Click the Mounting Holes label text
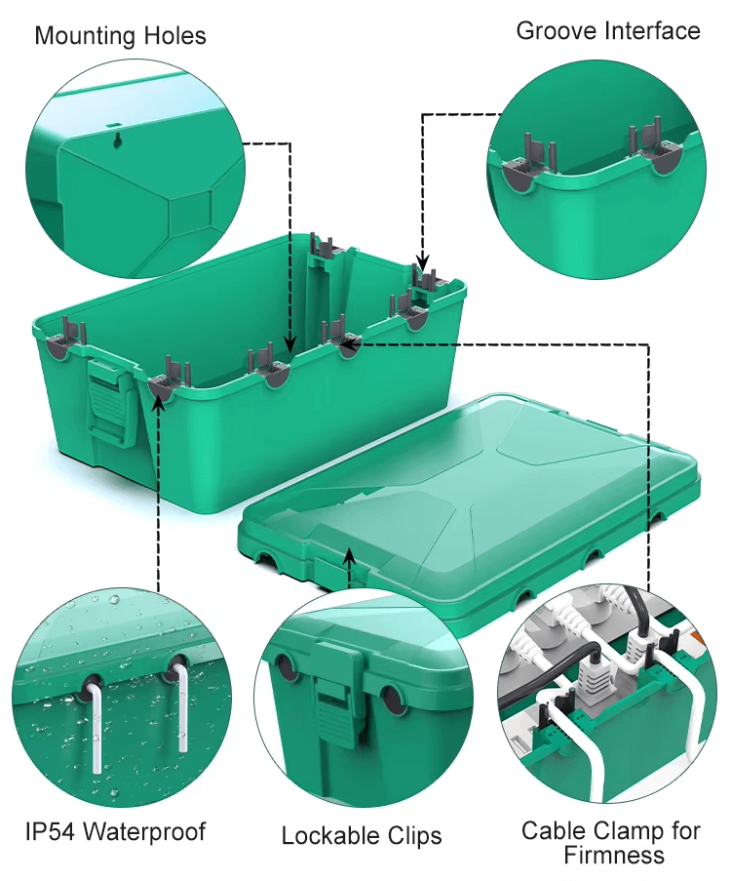(x=120, y=37)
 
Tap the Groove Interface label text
(x=607, y=31)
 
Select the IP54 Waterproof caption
(x=115, y=831)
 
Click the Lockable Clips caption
(x=362, y=836)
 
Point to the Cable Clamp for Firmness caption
(x=610, y=842)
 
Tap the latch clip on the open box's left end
(x=112, y=400)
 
